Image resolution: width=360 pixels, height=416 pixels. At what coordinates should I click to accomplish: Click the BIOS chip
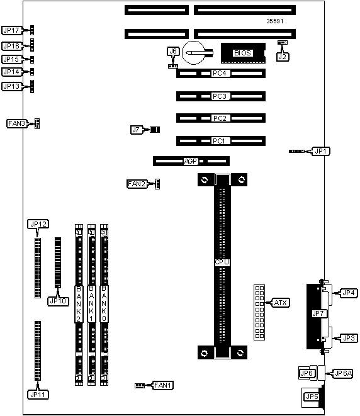click(243, 53)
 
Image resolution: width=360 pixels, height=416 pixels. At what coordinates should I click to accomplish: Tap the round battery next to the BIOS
click(194, 52)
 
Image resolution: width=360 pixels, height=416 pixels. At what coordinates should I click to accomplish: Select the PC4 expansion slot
click(221, 73)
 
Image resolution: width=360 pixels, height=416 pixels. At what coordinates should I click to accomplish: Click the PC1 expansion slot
click(221, 141)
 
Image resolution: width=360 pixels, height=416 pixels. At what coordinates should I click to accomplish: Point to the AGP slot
click(191, 161)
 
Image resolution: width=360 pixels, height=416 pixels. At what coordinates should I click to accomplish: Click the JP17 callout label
click(11, 30)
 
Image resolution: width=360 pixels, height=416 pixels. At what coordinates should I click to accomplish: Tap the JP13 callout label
click(11, 86)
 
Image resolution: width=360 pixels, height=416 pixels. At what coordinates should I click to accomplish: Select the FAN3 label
click(16, 123)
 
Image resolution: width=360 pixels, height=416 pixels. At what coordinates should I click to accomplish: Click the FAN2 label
click(137, 184)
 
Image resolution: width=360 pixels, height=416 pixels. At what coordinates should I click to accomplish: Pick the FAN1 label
click(163, 385)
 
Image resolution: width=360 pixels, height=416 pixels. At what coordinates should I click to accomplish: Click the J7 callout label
click(136, 130)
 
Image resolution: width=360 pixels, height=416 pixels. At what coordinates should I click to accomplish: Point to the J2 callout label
click(282, 57)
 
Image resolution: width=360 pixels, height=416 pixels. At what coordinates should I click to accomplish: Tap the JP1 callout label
click(320, 151)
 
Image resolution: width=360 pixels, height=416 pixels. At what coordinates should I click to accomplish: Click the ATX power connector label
click(281, 303)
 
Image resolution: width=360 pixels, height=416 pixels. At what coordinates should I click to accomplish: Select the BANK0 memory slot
click(104, 305)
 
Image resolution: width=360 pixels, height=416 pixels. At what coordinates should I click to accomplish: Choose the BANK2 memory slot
click(79, 305)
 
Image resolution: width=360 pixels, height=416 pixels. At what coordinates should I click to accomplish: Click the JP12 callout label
click(38, 224)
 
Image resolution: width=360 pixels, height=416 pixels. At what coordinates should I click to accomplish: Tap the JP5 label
click(312, 396)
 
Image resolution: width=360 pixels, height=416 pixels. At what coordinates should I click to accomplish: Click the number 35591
click(275, 21)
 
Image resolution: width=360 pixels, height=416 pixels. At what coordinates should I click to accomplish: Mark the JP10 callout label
click(58, 301)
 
